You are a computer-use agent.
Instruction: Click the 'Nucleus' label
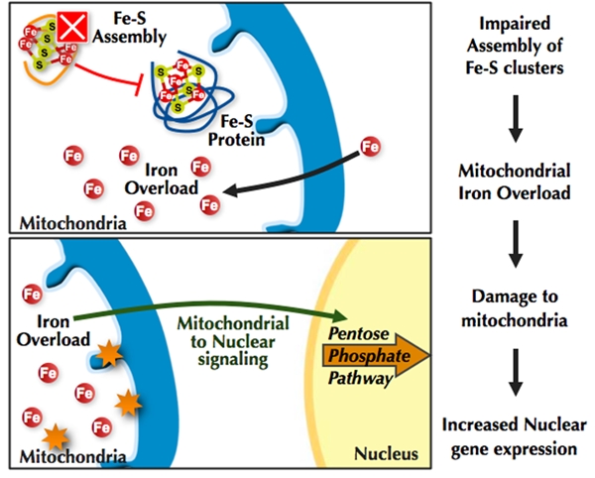pyautogui.click(x=390, y=454)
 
